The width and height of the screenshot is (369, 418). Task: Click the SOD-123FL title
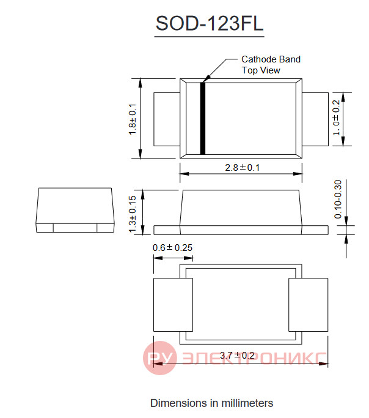210,23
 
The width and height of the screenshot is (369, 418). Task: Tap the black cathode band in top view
203,118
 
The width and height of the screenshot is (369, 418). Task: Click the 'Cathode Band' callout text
271,59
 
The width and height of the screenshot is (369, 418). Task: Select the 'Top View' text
261,70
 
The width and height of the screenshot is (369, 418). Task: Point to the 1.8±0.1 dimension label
132,119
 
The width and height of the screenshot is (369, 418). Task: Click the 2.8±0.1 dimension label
242,168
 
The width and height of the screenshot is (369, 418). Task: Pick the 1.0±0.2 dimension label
336,118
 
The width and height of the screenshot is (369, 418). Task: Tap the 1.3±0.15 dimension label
132,214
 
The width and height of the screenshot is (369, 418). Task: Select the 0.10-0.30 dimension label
338,199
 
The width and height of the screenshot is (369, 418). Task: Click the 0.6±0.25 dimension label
172,248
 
